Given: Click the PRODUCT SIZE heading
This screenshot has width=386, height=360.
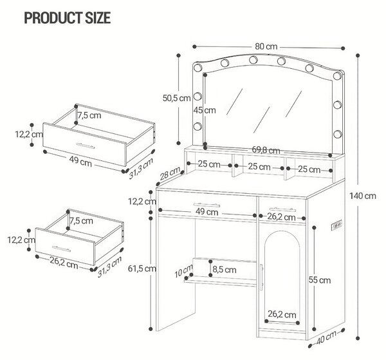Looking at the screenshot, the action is pyautogui.click(x=67, y=18).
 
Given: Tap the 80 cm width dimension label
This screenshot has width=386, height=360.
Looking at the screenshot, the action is pyautogui.click(x=266, y=46).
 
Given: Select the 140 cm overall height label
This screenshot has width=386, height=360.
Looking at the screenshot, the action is pyautogui.click(x=363, y=196).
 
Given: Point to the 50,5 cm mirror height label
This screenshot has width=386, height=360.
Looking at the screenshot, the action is pyautogui.click(x=176, y=98).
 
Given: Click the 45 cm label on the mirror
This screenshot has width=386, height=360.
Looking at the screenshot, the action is pyautogui.click(x=205, y=110).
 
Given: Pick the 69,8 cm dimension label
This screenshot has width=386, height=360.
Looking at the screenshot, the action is pyautogui.click(x=266, y=149).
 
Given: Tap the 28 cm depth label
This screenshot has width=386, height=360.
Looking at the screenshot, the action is pyautogui.click(x=170, y=173).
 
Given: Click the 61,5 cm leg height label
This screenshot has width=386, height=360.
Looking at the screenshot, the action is pyautogui.click(x=142, y=269).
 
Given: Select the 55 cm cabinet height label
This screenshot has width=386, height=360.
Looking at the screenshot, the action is pyautogui.click(x=320, y=280).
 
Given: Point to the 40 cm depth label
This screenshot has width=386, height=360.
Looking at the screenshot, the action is pyautogui.click(x=326, y=337).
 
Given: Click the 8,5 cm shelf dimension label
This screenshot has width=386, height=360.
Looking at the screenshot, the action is pyautogui.click(x=225, y=270).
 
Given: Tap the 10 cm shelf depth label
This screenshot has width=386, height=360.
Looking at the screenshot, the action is pyautogui.click(x=183, y=271).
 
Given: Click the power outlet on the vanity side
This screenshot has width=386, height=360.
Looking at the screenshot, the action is pyautogui.click(x=336, y=225).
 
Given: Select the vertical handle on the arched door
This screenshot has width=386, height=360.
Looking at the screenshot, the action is pyautogui.click(x=261, y=278).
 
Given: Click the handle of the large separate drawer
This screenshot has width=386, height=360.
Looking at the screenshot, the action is pyautogui.click(x=85, y=146).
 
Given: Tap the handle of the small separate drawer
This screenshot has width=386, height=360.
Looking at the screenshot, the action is pyautogui.click(x=61, y=249).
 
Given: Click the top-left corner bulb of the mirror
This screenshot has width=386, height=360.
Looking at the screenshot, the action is pyautogui.click(x=198, y=68).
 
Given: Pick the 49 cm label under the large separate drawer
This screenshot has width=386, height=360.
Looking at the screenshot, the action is pyautogui.click(x=80, y=162).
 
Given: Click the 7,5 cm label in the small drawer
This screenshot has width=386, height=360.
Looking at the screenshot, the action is pyautogui.click(x=82, y=221).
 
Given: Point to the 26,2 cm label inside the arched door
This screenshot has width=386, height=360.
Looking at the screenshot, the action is pyautogui.click(x=282, y=314).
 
